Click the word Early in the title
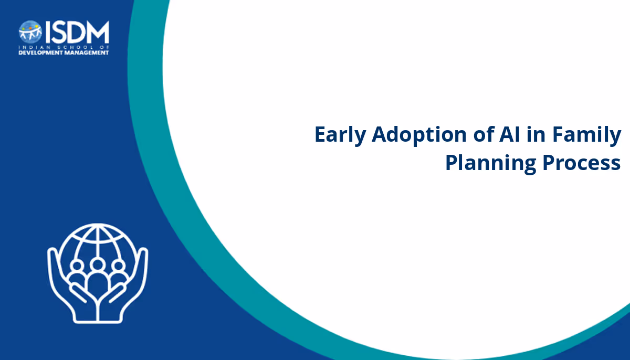pyautogui.click(x=340, y=135)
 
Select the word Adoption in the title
pyautogui.click(x=419, y=135)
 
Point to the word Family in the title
pyautogui.click(x=587, y=135)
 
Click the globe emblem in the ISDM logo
pyautogui.click(x=30, y=31)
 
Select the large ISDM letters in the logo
pyautogui.click(x=77, y=32)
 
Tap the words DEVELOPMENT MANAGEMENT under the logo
pyautogui.click(x=64, y=52)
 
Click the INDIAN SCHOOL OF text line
pyautogui.click(x=64, y=47)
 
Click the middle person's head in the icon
pyautogui.click(x=98, y=264)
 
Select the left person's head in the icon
pyautogui.click(x=77, y=266)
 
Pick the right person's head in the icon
pyautogui.click(x=119, y=266)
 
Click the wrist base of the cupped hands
pyautogui.click(x=98, y=320)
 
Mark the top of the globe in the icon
pyautogui.click(x=98, y=225)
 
